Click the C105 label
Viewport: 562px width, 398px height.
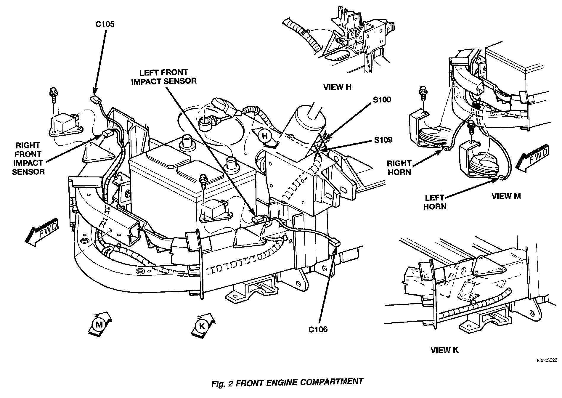[x=105, y=24]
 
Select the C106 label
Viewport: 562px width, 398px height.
[x=318, y=329]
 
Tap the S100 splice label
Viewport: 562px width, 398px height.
[x=382, y=100]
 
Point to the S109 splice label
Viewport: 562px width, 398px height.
[x=383, y=140]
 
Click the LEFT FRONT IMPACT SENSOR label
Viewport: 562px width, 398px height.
[x=164, y=77]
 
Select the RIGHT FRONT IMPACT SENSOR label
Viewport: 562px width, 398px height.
[x=28, y=158]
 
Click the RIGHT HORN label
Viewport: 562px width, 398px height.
[x=399, y=168]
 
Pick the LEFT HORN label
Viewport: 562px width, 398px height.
[x=435, y=202]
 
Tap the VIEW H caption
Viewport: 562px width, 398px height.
[x=337, y=87]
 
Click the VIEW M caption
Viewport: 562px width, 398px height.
[x=506, y=196]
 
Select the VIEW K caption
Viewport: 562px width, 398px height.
[x=444, y=350]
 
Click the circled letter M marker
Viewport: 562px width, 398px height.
[x=99, y=325]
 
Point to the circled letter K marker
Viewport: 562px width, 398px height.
[x=202, y=326]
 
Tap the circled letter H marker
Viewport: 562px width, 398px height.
[x=264, y=136]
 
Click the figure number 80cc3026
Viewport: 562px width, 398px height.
[x=547, y=361]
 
